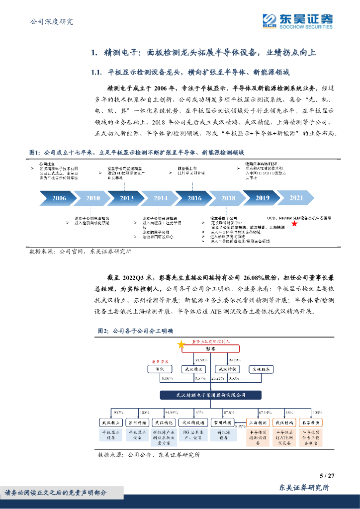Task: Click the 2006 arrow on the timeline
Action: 59,198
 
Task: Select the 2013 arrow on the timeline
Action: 126,198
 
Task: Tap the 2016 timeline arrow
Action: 194,198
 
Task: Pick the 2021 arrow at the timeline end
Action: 296,198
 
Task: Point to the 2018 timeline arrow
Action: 228,198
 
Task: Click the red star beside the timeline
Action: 294,224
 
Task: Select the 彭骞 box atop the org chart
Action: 212,350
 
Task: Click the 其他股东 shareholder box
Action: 261,369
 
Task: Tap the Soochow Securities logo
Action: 297,21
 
